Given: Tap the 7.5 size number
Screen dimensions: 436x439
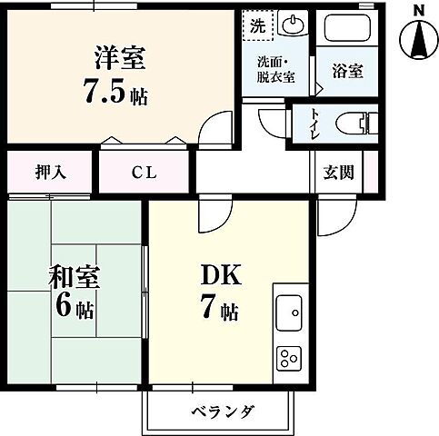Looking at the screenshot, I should pos(105,92).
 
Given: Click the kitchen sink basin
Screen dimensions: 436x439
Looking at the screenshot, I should pos(292,314).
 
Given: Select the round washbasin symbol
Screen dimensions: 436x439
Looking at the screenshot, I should pos(293,25).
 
